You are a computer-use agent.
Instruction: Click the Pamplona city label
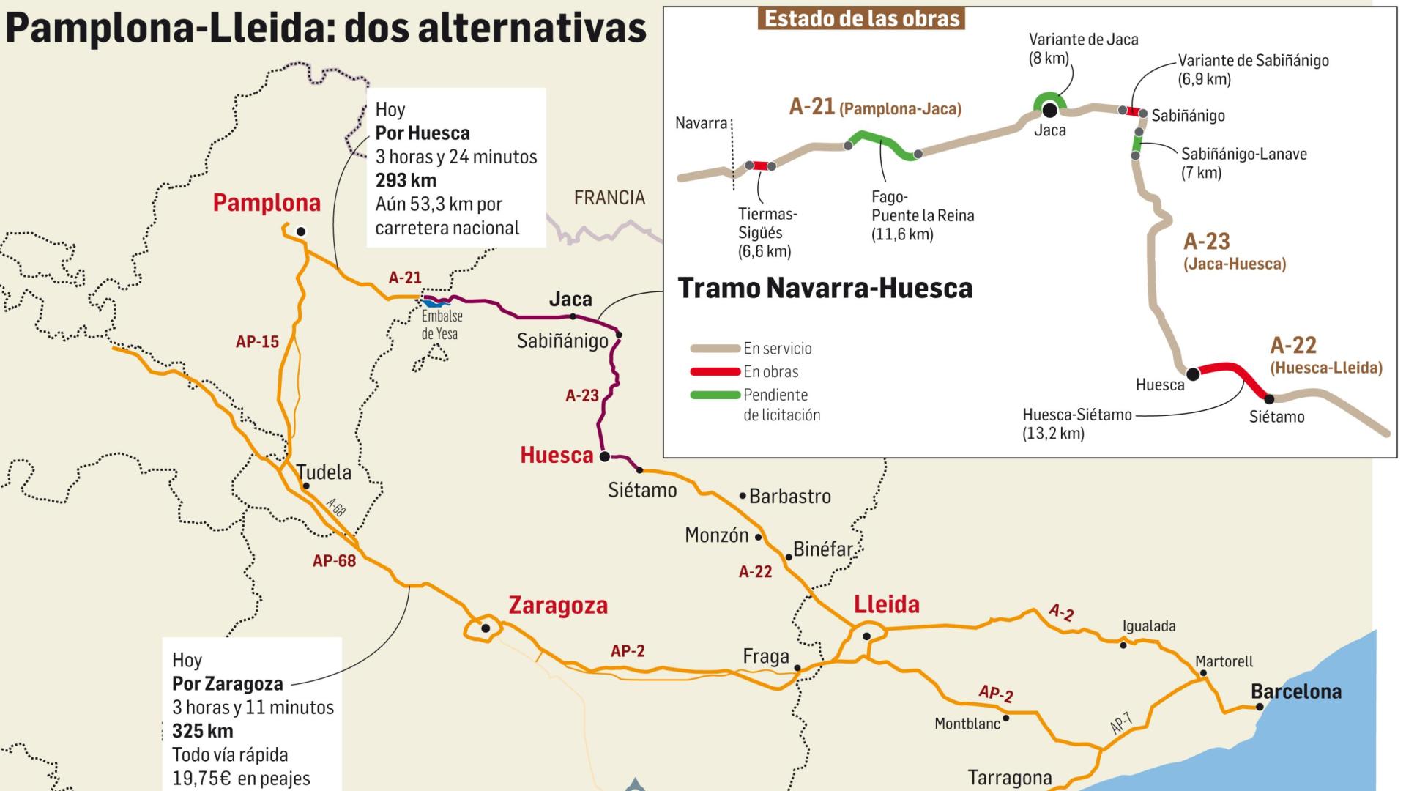(x=267, y=203)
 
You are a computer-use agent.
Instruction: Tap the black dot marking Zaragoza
(x=485, y=628)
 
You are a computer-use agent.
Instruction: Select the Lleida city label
(x=887, y=605)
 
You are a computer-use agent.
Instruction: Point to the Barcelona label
(x=1295, y=691)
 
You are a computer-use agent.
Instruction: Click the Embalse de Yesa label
(x=442, y=325)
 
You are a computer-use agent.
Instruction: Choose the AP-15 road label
(x=257, y=341)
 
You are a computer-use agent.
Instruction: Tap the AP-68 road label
(x=334, y=561)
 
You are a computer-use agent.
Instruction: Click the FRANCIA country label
(x=609, y=198)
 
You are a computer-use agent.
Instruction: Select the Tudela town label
(x=324, y=472)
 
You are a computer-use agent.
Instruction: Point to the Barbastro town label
(x=789, y=497)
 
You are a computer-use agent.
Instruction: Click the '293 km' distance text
(x=406, y=180)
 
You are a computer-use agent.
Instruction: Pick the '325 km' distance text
(x=203, y=731)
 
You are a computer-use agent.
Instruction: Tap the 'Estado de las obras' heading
(x=861, y=18)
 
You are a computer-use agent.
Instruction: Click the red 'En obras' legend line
(x=715, y=372)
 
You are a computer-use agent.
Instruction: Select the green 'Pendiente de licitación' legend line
(x=715, y=395)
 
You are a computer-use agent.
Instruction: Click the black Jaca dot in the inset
(x=1049, y=110)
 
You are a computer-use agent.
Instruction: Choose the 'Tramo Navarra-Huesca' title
(x=825, y=289)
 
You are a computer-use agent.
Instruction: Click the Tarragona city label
(x=1009, y=778)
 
